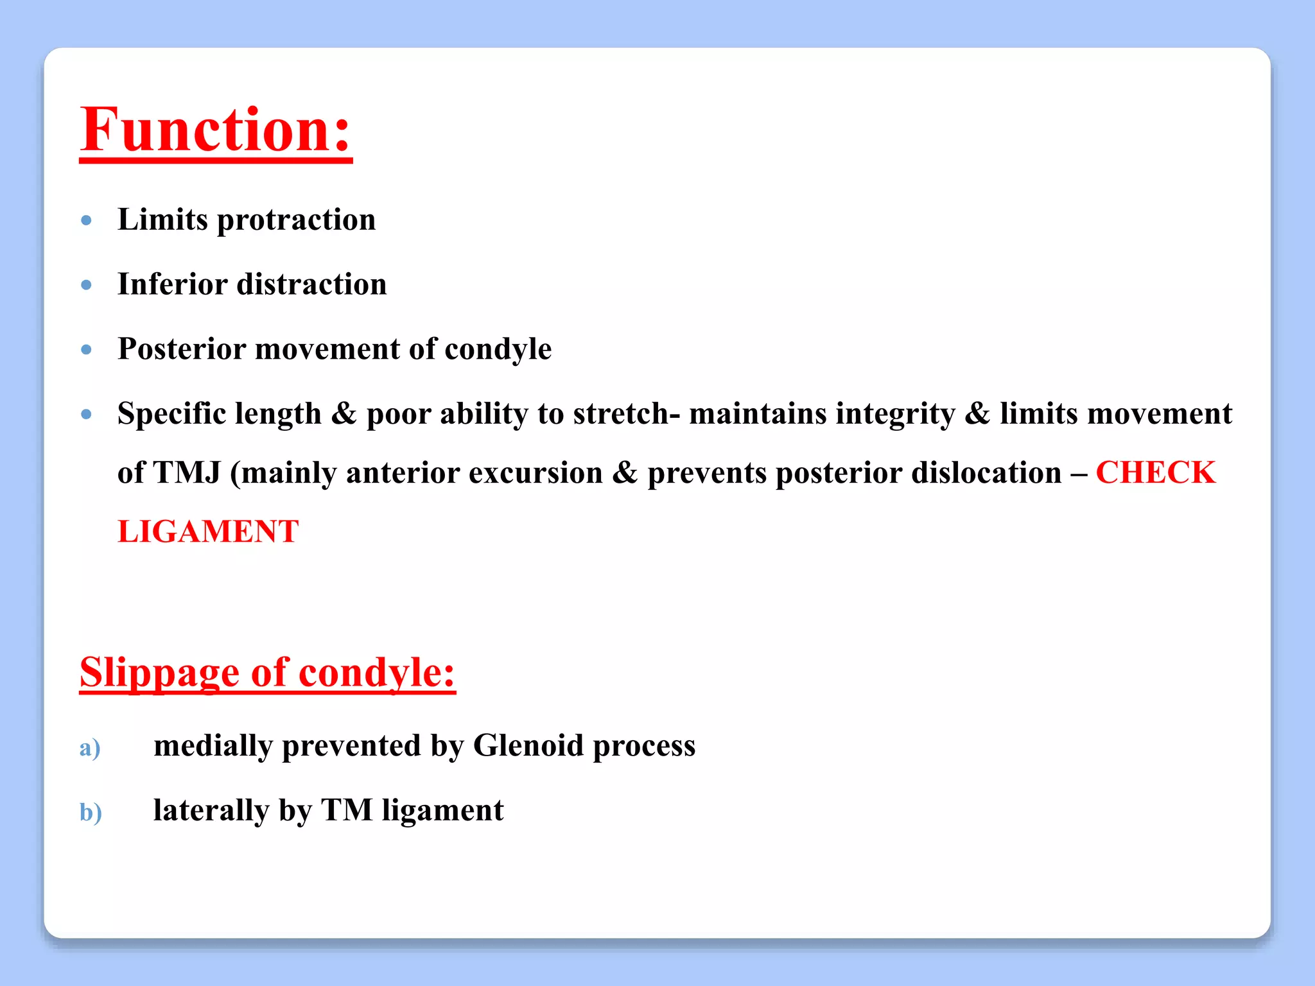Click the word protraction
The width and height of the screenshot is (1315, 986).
click(296, 220)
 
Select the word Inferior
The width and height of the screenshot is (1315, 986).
click(172, 284)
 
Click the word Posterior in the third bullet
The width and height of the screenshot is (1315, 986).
click(182, 349)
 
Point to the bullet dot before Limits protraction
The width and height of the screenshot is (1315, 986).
click(87, 221)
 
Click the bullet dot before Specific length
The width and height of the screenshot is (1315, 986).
click(87, 415)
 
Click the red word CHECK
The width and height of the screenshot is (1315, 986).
click(1155, 473)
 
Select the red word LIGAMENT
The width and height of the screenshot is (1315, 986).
click(208, 532)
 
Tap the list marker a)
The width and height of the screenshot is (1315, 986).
click(90, 748)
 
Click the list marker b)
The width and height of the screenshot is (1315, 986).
click(91, 813)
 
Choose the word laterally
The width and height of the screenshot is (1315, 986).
click(211, 811)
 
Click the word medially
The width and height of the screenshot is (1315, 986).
click(213, 746)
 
